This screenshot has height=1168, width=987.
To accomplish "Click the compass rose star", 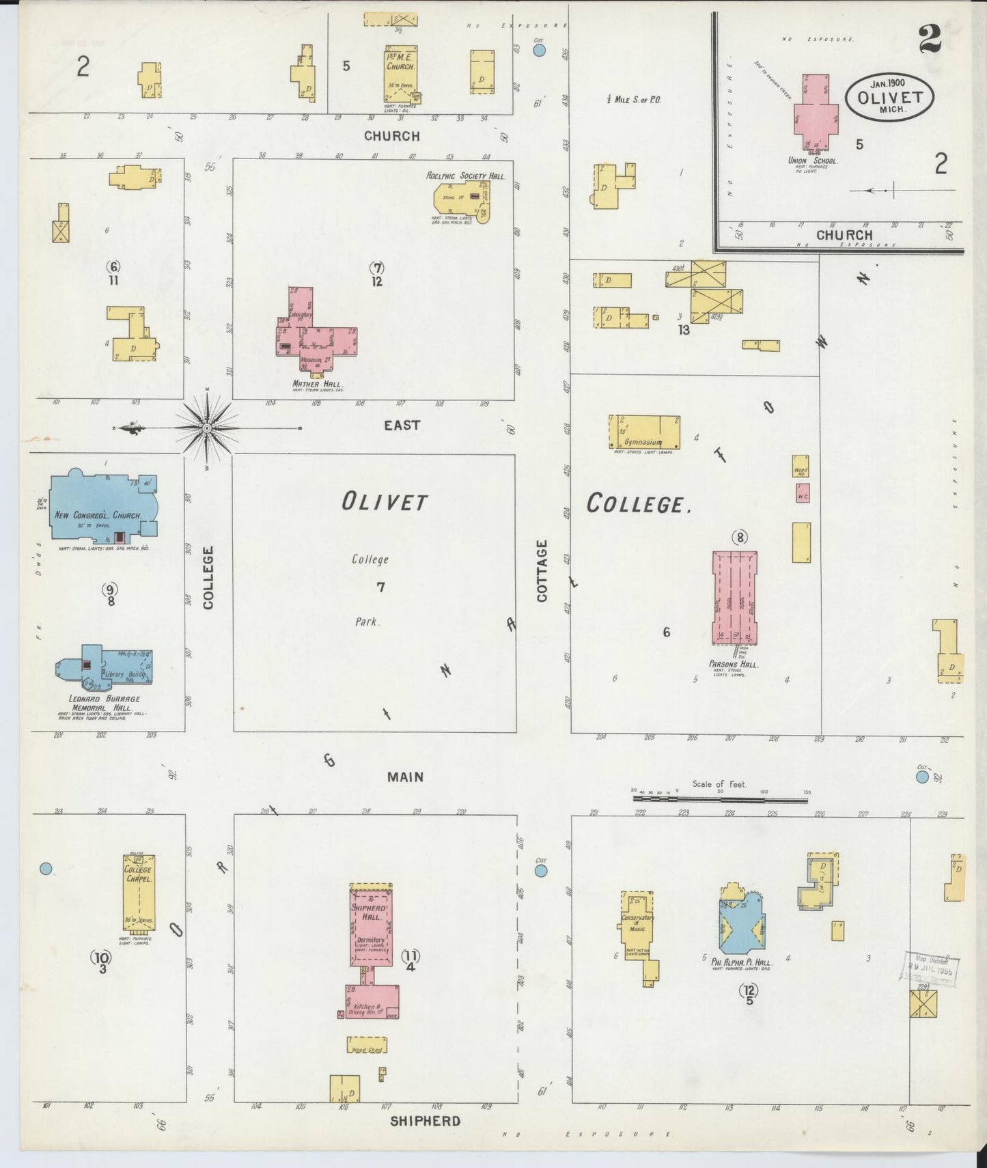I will click(207, 428).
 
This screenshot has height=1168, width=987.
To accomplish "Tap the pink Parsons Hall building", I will click(734, 597).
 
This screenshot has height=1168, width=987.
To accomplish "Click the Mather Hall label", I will click(316, 385).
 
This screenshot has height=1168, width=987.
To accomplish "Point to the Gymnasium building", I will click(643, 432).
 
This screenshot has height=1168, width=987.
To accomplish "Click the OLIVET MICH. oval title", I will click(889, 98).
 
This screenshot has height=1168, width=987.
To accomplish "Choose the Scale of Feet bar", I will click(721, 797).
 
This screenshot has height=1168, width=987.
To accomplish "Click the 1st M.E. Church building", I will click(400, 73).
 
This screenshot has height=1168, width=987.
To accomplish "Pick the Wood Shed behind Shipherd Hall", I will click(366, 1046).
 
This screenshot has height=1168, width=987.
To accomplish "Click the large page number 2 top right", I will click(929, 39).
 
